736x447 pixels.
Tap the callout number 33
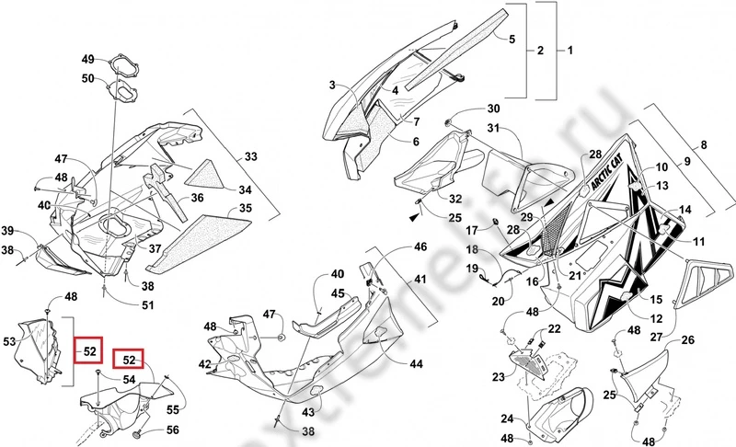[251, 157]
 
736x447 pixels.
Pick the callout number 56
[173, 430]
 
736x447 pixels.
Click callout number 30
[493, 109]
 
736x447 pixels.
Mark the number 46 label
[420, 246]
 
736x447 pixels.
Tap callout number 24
[508, 418]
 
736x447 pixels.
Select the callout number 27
[656, 338]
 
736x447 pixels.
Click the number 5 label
[512, 39]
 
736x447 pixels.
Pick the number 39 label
[6, 231]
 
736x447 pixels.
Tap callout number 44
[417, 364]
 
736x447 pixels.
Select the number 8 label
[705, 144]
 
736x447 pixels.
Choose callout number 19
[471, 269]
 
